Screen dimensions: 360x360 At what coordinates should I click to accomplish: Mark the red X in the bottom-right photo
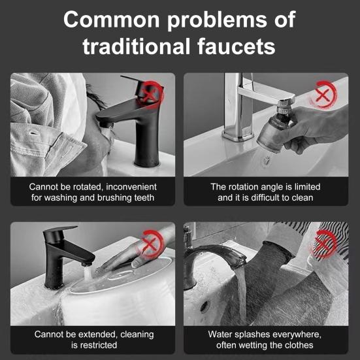pos(325,244)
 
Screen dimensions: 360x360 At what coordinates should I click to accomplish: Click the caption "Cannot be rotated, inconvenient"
pos(93,187)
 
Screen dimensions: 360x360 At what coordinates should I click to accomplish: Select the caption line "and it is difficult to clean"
pos(265,197)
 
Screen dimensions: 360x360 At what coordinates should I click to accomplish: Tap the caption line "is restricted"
pos(93,345)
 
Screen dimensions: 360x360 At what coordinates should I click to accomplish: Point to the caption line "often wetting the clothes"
pos(265,345)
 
